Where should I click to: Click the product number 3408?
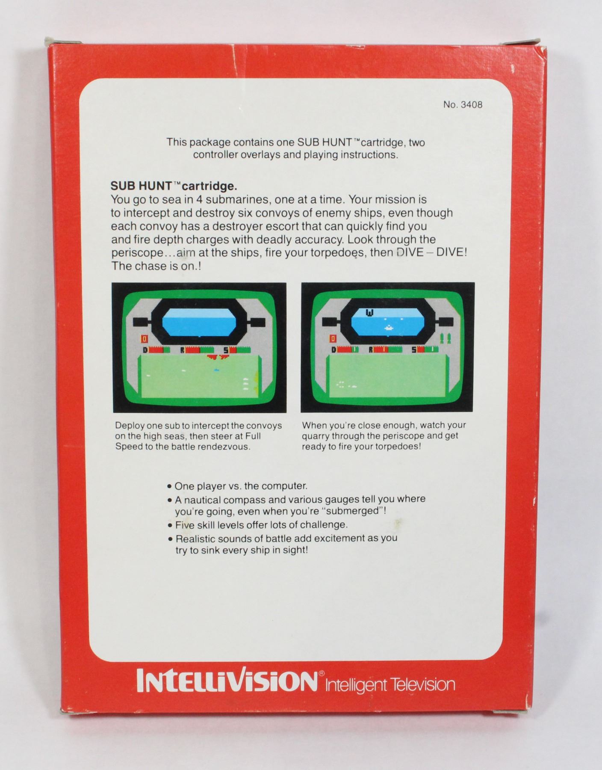click(463, 105)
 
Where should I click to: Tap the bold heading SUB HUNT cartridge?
click(174, 186)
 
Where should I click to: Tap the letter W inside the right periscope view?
click(369, 313)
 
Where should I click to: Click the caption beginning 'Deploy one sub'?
click(198, 436)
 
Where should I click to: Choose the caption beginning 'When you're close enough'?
click(384, 436)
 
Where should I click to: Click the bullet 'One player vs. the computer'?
click(238, 486)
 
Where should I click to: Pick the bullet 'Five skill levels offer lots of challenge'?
click(258, 525)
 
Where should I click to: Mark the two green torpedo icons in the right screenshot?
click(445, 338)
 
